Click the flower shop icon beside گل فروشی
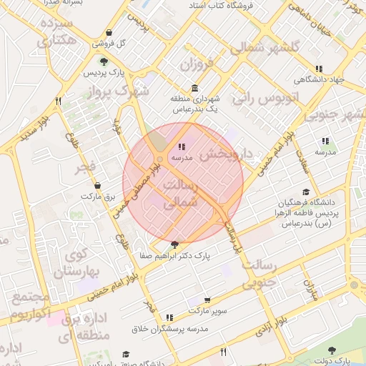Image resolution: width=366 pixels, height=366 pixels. pos(109,33)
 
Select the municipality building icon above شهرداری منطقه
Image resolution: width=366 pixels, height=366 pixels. pos(195,87)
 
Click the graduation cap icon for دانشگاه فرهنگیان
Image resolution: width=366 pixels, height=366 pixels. pos(307,192)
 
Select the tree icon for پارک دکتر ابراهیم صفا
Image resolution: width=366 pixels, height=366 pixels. pos(175,244)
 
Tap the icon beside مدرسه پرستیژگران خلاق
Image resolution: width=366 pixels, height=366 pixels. pos(169,317)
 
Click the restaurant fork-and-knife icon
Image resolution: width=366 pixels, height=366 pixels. pos(224,352)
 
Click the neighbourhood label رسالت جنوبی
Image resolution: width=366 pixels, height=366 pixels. pos(259,273)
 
